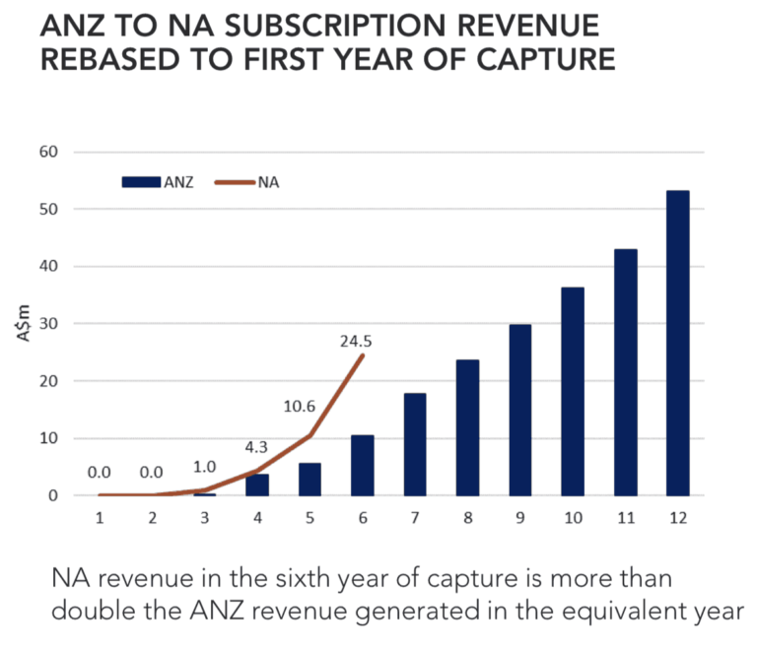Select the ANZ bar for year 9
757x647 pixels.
[x=520, y=410]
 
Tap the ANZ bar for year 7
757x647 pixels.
[x=415, y=444]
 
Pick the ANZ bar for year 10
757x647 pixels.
[x=573, y=391]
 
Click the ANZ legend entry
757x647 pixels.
[x=158, y=181]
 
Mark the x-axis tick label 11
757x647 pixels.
[x=624, y=517]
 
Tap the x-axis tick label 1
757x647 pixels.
[x=100, y=517]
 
